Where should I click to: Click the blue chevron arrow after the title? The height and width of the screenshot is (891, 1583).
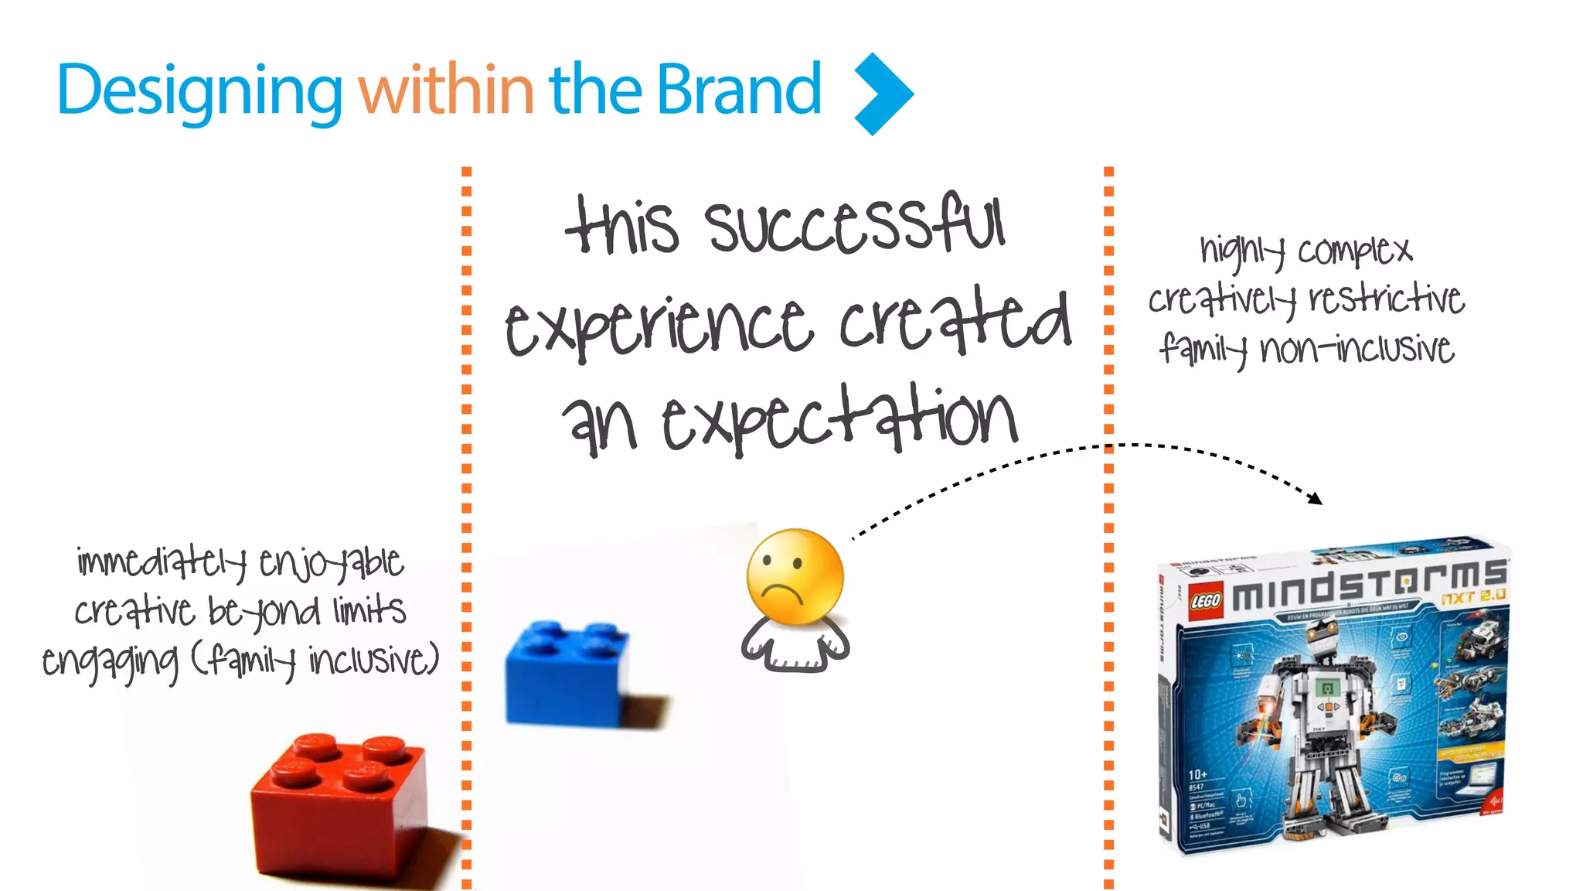tap(883, 94)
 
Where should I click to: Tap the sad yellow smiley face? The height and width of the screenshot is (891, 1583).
tap(795, 576)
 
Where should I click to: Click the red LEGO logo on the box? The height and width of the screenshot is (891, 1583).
tap(1205, 601)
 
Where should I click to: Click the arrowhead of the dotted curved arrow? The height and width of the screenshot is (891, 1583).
tap(1316, 499)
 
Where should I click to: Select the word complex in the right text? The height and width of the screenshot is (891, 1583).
tap(1355, 251)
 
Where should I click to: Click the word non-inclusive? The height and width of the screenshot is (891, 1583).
tap(1357, 349)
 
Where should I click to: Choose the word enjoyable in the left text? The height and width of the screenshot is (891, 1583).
tap(331, 563)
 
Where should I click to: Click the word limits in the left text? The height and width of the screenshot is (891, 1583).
tap(369, 610)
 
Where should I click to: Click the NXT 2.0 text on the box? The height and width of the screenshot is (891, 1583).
tap(1473, 596)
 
